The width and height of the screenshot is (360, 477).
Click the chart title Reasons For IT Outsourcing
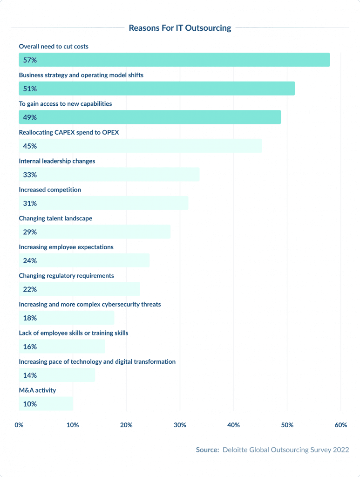tap(180, 28)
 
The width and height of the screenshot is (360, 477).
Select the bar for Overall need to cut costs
tap(174, 60)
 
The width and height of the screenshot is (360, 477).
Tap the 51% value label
tap(30, 89)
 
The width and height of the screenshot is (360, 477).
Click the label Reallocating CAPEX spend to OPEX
tap(69, 132)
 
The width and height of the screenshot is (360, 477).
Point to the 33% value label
tap(30, 175)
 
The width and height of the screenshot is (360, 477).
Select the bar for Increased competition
tap(103, 203)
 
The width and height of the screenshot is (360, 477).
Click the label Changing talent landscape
tap(55, 218)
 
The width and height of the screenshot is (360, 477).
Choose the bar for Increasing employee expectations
tap(84, 260)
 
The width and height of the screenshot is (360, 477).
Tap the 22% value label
tap(30, 289)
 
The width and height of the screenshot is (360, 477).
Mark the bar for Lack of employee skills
tap(62, 347)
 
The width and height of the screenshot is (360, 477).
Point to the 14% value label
tap(30, 375)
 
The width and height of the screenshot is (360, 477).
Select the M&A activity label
tap(37, 390)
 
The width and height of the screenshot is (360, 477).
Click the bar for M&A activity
tap(46, 404)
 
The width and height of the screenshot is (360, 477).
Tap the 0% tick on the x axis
tap(19, 425)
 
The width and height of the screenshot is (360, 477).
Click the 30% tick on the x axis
tap(180, 425)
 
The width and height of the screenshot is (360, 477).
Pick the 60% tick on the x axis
tap(340, 425)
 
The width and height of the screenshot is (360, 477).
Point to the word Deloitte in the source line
tap(236, 450)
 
